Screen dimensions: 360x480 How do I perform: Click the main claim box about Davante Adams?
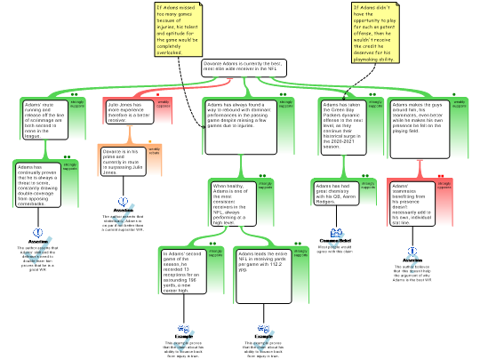tap(243, 68)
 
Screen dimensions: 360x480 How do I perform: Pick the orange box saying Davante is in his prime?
tap(121, 160)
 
